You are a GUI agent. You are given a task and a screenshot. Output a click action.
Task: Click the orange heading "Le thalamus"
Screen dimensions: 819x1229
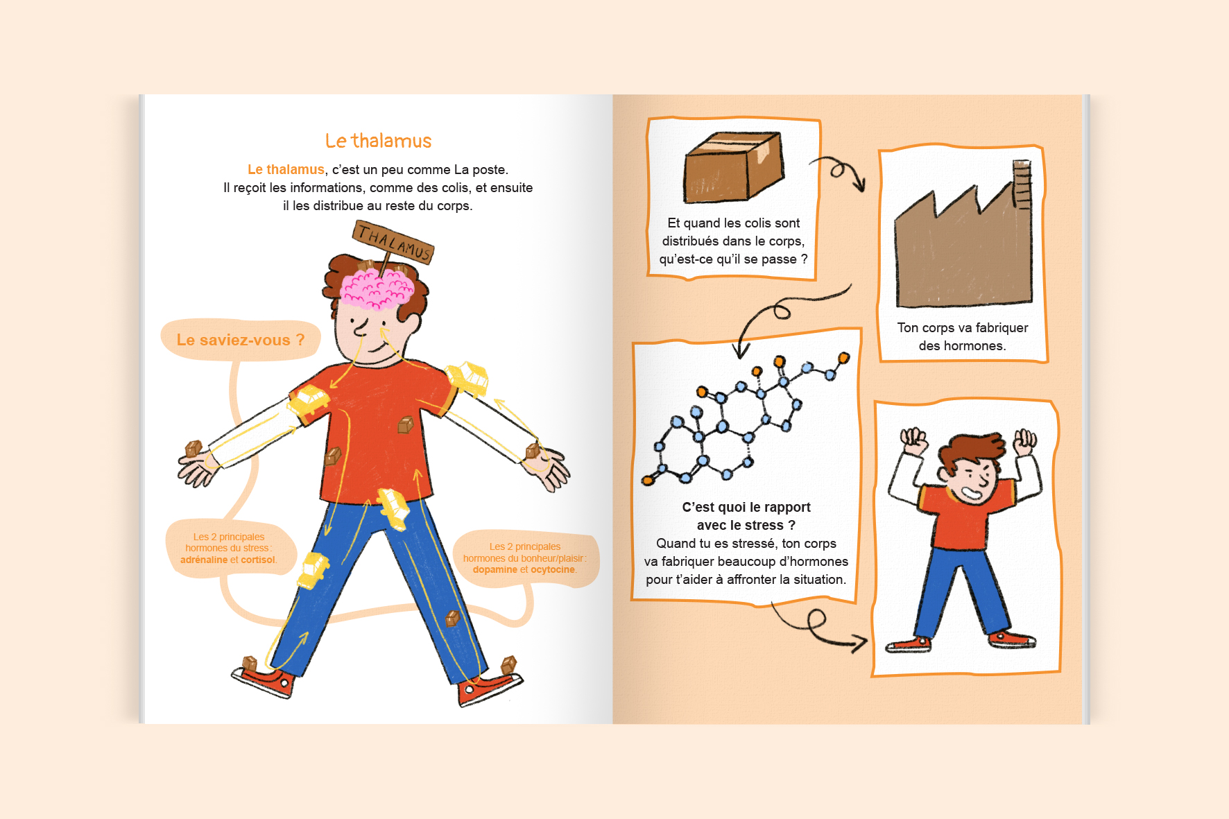coord(378,141)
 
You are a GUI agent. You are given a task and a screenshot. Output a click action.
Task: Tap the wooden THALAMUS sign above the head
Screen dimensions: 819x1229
coord(393,242)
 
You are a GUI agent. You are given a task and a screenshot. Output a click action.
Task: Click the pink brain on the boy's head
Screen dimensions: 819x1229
coord(377,287)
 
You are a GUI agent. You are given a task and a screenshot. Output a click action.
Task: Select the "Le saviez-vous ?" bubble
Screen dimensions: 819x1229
coord(240,340)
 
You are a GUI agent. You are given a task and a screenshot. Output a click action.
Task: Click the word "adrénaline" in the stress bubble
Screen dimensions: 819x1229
coord(204,560)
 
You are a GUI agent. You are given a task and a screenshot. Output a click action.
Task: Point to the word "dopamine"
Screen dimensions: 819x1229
coord(495,569)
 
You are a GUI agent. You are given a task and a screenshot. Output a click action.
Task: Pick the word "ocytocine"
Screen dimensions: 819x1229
coord(553,569)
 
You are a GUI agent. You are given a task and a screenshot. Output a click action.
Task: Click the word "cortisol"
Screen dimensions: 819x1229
coord(258,560)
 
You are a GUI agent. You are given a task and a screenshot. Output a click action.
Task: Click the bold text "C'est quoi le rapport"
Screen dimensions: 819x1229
coord(746,507)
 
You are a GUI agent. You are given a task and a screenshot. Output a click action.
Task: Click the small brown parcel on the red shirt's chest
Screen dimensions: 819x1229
coord(405,424)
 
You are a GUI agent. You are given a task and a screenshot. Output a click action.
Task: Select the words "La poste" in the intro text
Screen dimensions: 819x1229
coord(480,170)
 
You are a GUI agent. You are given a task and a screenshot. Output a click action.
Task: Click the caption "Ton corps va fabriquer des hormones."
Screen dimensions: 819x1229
coord(962,336)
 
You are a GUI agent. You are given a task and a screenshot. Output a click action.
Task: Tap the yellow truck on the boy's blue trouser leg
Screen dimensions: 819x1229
coord(313,570)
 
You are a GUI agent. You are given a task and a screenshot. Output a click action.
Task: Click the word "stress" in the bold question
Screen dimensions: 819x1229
coord(764,525)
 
